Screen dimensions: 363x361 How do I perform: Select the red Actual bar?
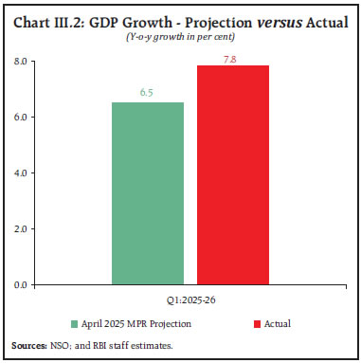point(233,174)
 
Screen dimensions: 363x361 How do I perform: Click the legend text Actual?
point(277,323)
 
